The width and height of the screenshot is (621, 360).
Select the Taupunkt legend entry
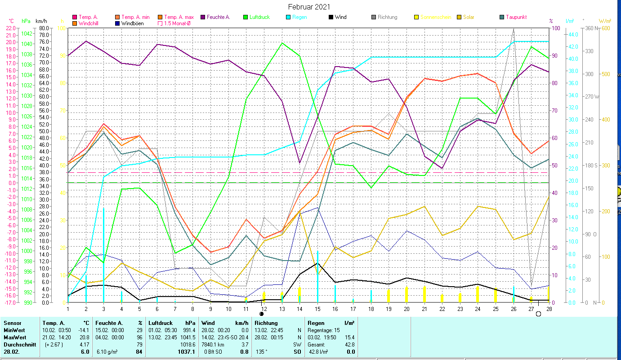point(516,17)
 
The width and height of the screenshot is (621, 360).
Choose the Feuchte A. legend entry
point(218,17)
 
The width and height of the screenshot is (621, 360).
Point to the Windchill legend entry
point(90,23)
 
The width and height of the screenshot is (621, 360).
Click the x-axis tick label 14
point(300,308)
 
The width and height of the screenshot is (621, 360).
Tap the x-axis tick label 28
point(549,308)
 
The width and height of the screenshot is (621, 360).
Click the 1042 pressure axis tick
point(27,34)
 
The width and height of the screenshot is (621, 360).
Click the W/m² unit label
point(605,21)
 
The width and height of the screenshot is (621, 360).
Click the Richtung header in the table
point(266,323)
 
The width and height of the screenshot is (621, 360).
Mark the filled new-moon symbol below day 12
point(261,314)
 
